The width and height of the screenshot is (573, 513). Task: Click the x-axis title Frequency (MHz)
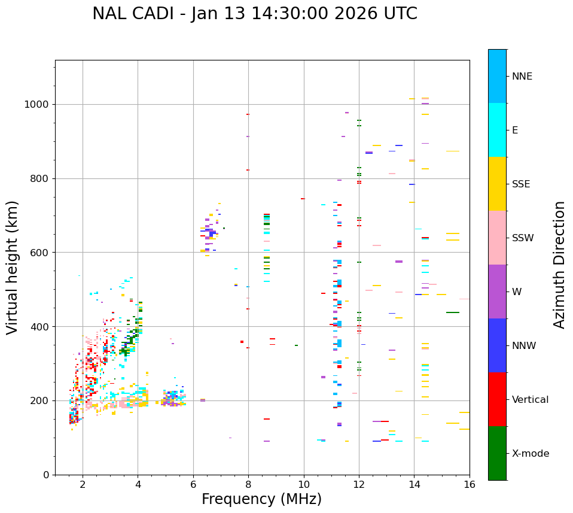pos(261,499)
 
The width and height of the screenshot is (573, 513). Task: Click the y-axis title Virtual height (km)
pos(13,268)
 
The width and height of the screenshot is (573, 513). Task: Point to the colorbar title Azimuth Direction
pos(559,265)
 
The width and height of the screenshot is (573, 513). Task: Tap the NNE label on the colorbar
pos(522,77)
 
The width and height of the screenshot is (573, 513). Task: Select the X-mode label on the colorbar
pos(530,454)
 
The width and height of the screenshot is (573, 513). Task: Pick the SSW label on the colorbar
pos(523,238)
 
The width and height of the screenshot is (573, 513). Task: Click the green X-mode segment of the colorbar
pos(497,453)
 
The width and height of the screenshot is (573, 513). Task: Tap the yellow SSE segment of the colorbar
pos(497,184)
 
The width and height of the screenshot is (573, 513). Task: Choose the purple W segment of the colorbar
pos(497,292)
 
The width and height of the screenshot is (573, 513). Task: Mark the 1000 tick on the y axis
pos(39,105)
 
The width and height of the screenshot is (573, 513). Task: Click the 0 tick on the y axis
pos(47,475)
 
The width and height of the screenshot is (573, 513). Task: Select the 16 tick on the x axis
pos(470,484)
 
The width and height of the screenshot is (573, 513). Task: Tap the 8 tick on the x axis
pos(248,484)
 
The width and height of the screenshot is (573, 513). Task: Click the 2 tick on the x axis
pos(83,484)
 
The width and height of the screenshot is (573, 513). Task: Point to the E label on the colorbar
pos(515,130)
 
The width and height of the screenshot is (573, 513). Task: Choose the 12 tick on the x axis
pos(359,484)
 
